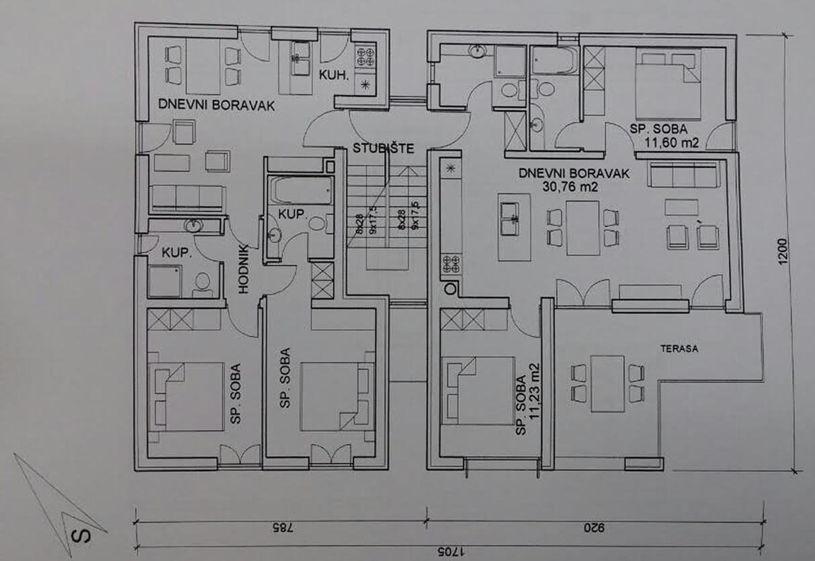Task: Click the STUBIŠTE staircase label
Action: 383,148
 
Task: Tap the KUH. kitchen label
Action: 334,75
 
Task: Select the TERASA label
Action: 679,349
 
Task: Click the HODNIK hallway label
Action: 243,269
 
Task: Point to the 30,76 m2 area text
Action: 570,187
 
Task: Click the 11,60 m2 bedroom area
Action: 672,142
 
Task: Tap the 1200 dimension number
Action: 783,251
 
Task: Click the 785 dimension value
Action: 282,528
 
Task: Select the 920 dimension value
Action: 594,527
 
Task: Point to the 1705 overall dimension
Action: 451,552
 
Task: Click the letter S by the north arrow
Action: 81,536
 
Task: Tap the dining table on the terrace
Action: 607,384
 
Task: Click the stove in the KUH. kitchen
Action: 365,56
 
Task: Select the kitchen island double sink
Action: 510,219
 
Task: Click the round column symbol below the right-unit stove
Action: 450,289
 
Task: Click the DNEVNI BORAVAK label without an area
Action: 216,105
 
